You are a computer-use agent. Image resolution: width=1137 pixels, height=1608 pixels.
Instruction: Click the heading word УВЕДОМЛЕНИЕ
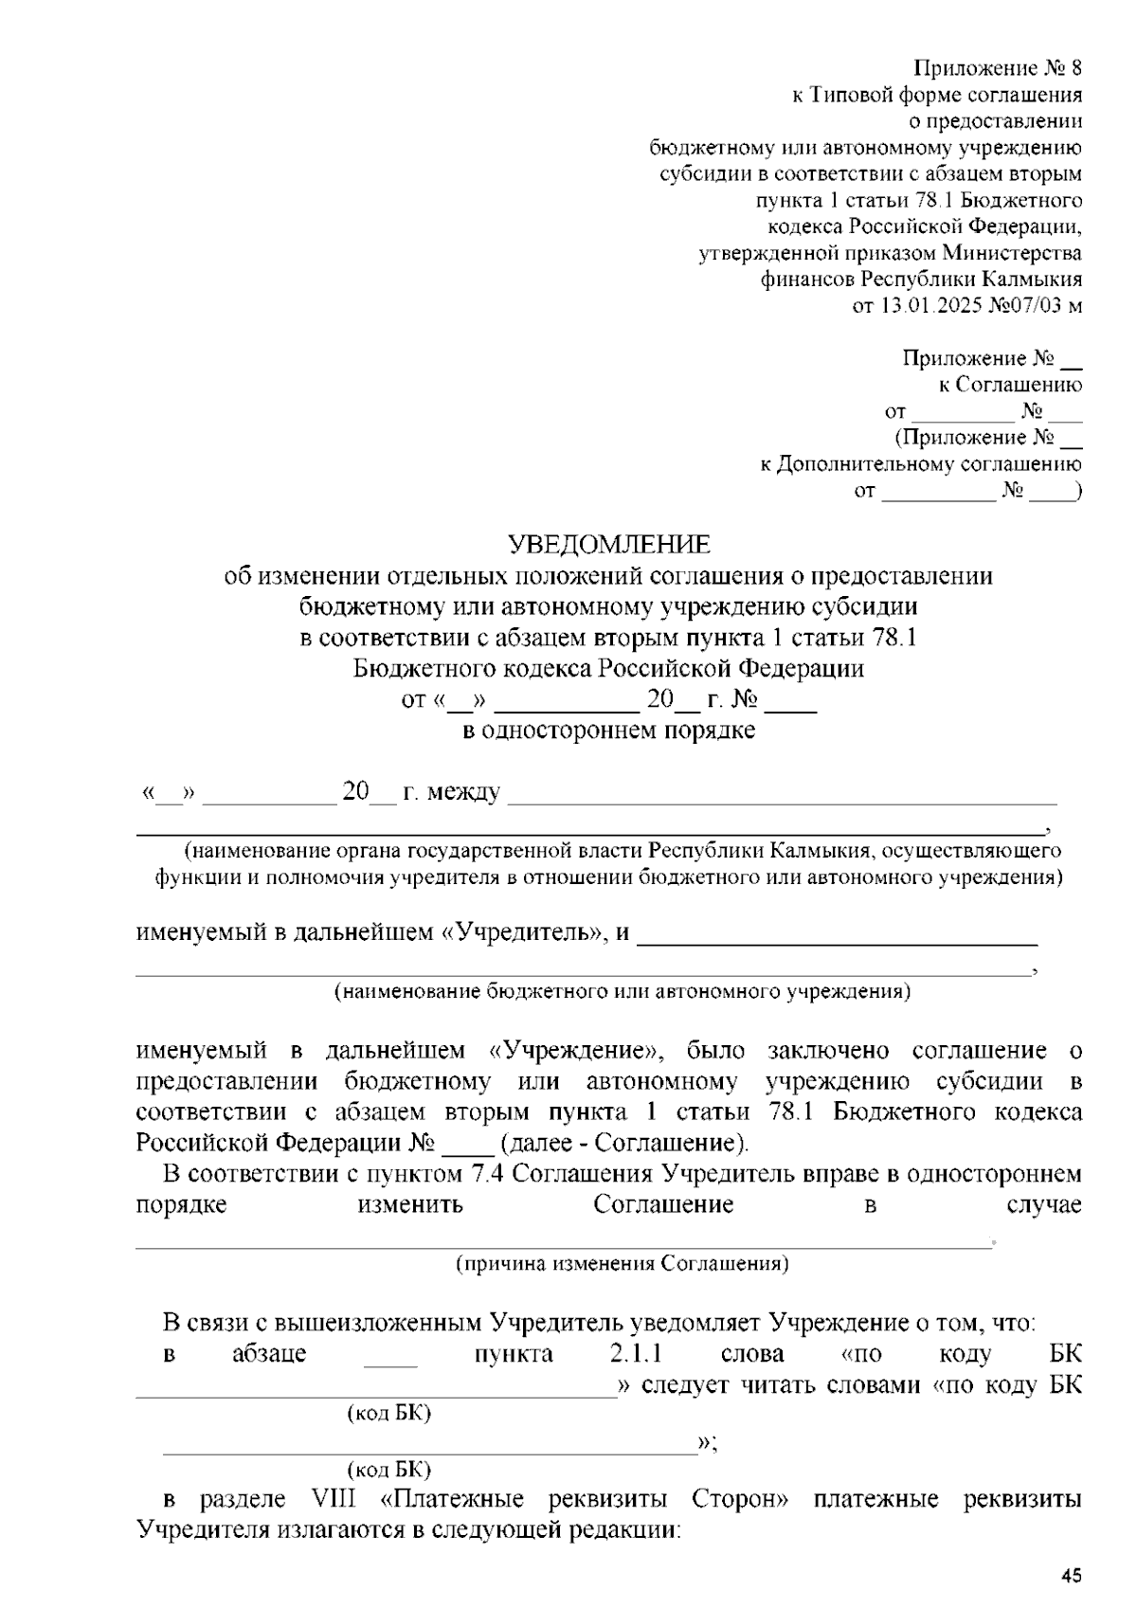[608, 544]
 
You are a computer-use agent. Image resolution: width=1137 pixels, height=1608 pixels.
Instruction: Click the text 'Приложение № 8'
[998, 68]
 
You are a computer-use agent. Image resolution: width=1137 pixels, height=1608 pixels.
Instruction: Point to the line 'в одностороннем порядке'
[608, 731]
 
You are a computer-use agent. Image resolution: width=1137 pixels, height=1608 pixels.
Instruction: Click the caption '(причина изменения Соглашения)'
[622, 1264]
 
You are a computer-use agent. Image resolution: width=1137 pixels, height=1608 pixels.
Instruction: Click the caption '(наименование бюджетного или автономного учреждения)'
[622, 992]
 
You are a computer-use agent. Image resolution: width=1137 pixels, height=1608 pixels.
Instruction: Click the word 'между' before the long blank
[463, 792]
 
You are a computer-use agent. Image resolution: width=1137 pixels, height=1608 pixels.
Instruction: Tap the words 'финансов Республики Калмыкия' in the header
[920, 280]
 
